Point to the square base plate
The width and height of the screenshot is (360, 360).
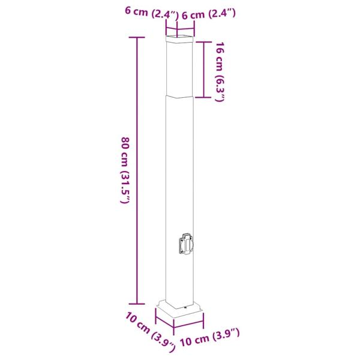coord(180,312)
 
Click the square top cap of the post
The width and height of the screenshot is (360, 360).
coord(181,41)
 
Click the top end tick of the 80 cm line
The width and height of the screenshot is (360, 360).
coord(138,38)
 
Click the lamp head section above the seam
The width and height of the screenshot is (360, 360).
coord(179,69)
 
